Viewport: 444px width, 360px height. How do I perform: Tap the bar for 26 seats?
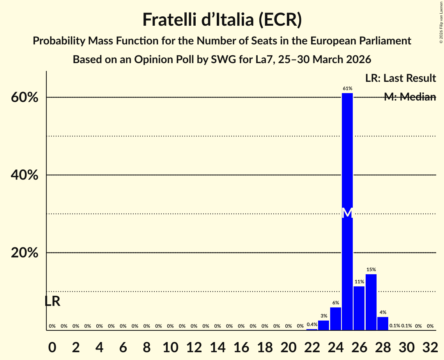tap(359, 308)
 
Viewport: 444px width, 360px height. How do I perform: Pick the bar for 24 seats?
tap(335, 318)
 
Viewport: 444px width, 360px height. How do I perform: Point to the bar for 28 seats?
tap(383, 323)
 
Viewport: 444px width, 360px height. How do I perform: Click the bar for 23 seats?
tap(324, 325)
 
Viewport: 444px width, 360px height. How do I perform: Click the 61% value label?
tap(347, 88)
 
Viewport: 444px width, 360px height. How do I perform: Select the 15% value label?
tap(371, 270)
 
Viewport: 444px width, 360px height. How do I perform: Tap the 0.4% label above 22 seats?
tap(312, 325)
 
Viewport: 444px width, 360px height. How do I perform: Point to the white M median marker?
tap(347, 213)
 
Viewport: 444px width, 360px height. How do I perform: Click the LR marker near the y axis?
tap(52, 301)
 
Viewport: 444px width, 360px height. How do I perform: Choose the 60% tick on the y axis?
tap(25, 97)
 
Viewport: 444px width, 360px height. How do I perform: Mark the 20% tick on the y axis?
tap(25, 253)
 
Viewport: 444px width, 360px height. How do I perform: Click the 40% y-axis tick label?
tap(25, 175)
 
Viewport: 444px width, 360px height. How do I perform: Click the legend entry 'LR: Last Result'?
tap(400, 78)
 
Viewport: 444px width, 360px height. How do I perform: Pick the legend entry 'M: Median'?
tap(410, 97)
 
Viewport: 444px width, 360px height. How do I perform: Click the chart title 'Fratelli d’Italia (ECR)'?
tap(222, 19)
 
